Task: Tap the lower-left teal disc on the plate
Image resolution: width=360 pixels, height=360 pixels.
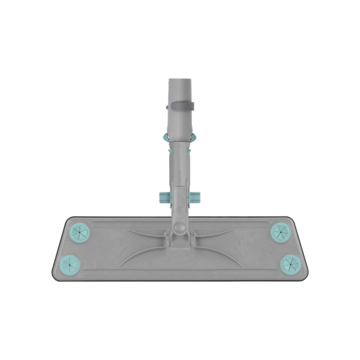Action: (x=69, y=263)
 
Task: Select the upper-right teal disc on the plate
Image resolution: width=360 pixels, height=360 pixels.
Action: (x=280, y=232)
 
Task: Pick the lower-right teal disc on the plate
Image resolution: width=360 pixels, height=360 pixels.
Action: (x=290, y=263)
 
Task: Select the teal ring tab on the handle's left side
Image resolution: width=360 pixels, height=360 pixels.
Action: (x=166, y=137)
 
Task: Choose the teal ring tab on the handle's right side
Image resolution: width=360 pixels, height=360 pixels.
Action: (x=193, y=137)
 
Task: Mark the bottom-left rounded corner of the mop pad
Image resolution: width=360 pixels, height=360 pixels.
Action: (x=56, y=276)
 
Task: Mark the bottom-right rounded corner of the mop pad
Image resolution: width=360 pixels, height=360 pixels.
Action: (x=303, y=276)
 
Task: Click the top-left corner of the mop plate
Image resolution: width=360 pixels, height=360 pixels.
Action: (x=68, y=219)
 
